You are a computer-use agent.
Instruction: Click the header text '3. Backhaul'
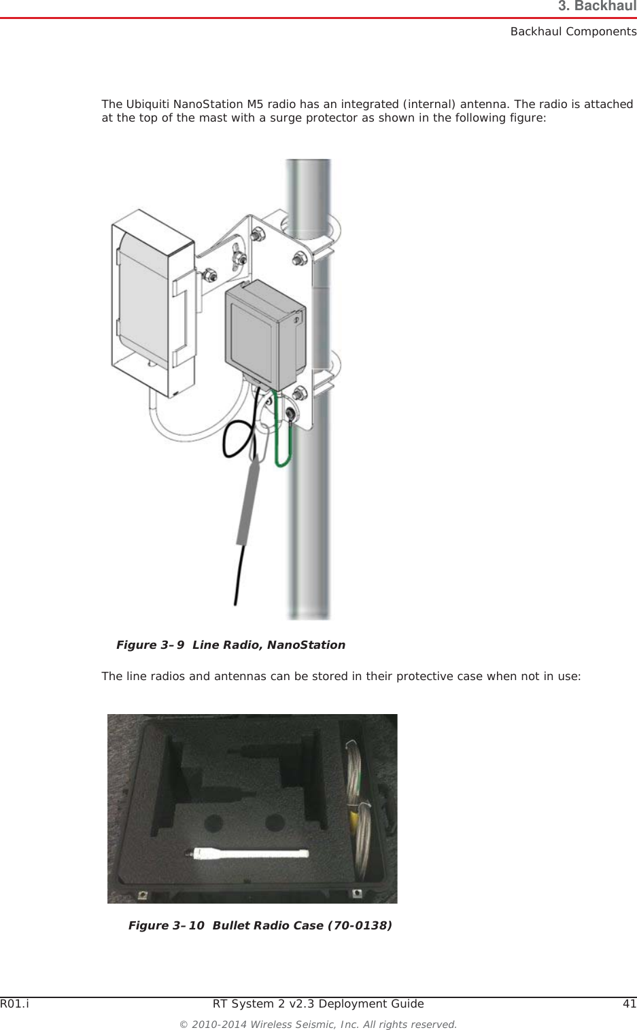pyautogui.click(x=597, y=7)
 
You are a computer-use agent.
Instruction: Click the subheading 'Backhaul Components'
pyautogui.click(x=573, y=31)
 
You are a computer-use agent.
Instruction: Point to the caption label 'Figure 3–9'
pyautogui.click(x=150, y=645)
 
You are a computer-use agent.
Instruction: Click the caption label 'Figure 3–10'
pyautogui.click(x=166, y=925)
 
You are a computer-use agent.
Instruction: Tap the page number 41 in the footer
pyautogui.click(x=630, y=1004)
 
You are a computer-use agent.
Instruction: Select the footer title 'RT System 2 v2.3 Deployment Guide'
pyautogui.click(x=318, y=1004)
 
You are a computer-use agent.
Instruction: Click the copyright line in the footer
pyautogui.click(x=318, y=1024)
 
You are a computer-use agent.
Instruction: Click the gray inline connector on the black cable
pyautogui.click(x=249, y=503)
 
